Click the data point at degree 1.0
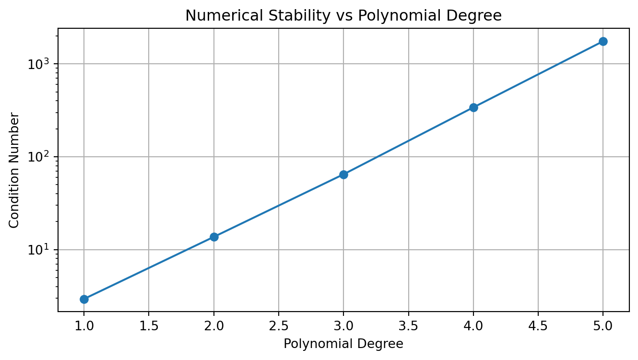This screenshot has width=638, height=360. tap(84, 299)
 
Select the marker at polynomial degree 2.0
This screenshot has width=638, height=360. tap(214, 237)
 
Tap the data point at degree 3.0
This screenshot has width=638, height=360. tap(343, 174)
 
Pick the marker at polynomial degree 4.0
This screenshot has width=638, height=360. tap(473, 107)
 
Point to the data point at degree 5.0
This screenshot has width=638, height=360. tap(603, 41)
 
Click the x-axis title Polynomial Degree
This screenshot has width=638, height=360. tap(343, 344)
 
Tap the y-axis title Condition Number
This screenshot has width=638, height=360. tap(14, 170)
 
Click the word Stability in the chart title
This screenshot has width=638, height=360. tap(284, 16)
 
